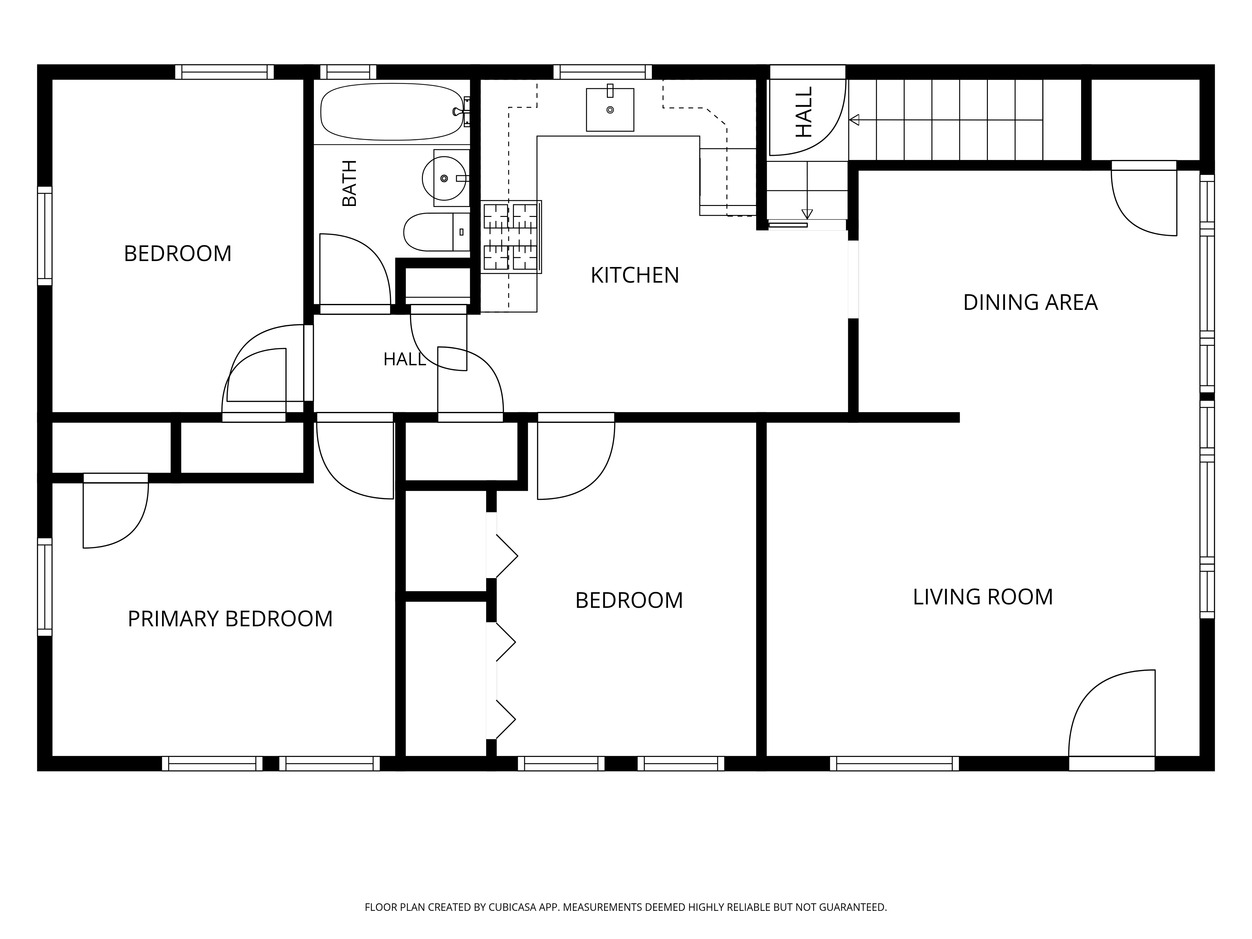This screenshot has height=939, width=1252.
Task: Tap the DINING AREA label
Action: [x=1030, y=302]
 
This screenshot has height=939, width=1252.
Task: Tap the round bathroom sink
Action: [x=444, y=178]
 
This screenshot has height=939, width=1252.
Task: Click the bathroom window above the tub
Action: [x=348, y=72]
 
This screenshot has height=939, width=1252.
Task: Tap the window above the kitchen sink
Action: [x=602, y=72]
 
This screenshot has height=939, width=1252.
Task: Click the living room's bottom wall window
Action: [x=894, y=763]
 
